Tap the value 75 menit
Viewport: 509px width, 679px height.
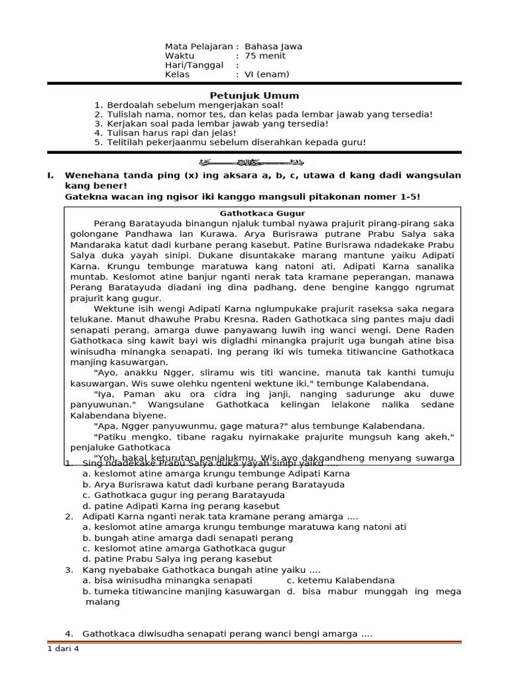[265, 56]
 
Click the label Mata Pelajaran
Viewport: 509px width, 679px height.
[199, 46]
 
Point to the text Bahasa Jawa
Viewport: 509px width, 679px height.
[273, 46]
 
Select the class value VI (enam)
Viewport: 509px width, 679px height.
[267, 74]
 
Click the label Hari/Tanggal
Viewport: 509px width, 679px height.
[194, 65]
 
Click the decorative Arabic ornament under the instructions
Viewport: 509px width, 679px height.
[254, 162]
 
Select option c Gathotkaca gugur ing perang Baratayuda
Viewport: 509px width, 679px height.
[184, 495]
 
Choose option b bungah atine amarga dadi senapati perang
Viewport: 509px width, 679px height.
[188, 538]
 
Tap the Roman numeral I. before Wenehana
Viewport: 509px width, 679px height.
[50, 175]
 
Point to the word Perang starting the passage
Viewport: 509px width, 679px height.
[109, 223]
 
